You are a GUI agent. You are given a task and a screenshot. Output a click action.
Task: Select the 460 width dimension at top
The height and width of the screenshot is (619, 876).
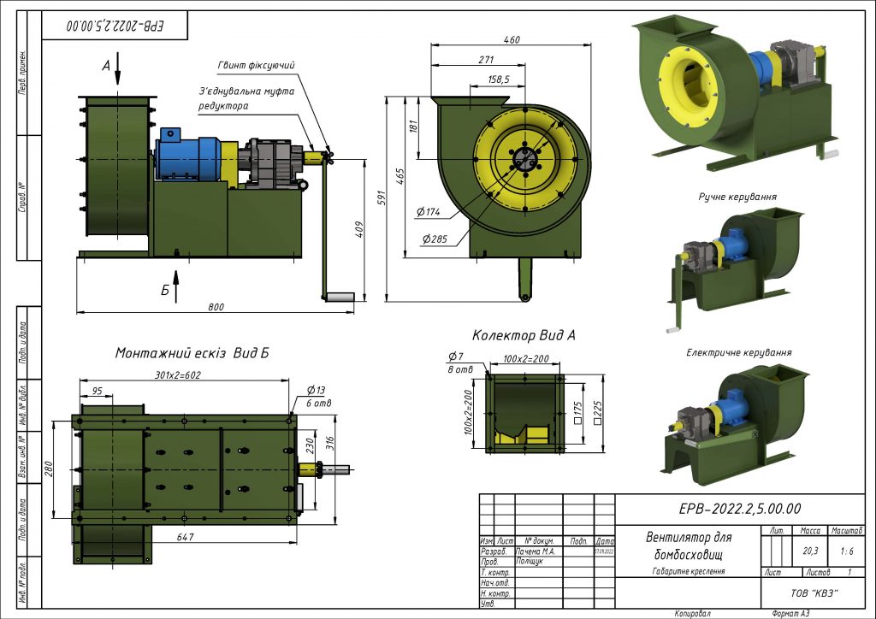tap(512, 41)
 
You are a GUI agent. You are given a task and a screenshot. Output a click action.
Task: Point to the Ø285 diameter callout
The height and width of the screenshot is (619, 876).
tap(434, 239)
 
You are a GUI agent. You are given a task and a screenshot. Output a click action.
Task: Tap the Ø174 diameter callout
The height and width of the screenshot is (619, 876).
tap(428, 211)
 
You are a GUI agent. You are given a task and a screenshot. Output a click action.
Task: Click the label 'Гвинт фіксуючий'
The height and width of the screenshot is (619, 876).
tap(255, 65)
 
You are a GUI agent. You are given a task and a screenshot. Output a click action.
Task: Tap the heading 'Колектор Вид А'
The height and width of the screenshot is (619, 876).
tap(524, 335)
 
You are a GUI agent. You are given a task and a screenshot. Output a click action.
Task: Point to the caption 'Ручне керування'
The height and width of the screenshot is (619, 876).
tap(737, 197)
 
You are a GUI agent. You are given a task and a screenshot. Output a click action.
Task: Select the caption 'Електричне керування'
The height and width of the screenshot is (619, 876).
tap(738, 352)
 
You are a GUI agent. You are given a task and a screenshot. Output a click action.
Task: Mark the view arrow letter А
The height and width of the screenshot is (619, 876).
tap(106, 65)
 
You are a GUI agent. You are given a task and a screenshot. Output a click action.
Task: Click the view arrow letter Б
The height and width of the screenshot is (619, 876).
tap(165, 290)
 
